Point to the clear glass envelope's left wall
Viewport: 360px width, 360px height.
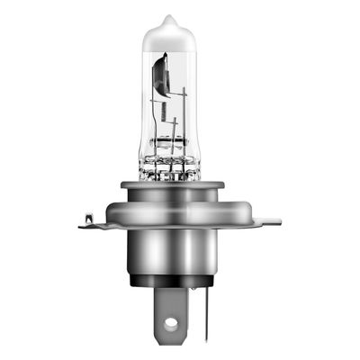(141, 99)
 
